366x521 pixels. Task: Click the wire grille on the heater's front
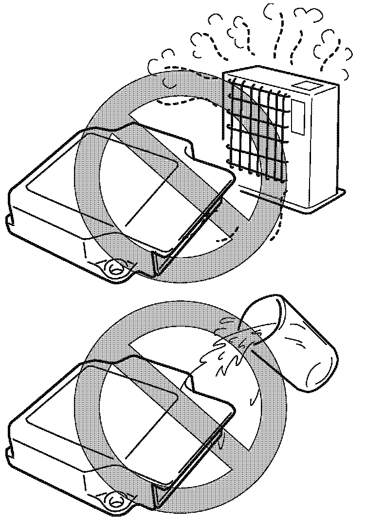click(256, 129)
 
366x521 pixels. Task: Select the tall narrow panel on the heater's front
click(297, 117)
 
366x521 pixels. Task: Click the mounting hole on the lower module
click(115, 499)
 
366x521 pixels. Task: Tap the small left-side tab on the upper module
click(8, 221)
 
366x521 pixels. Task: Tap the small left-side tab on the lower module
click(8, 452)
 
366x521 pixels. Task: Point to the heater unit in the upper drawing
click(282, 136)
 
